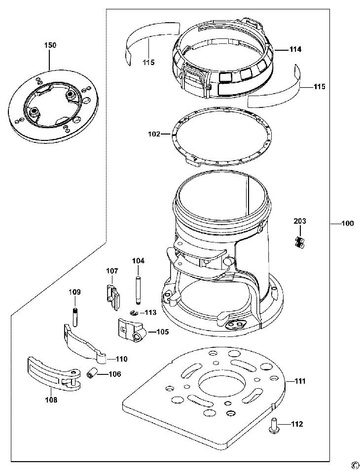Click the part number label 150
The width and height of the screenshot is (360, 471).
(x=50, y=45)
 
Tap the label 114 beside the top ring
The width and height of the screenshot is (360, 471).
(x=295, y=49)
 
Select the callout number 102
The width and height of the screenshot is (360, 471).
(x=154, y=135)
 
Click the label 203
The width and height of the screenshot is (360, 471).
(x=300, y=221)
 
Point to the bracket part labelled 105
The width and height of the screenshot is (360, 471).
(x=132, y=331)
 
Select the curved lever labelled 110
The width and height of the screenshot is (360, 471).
(x=85, y=344)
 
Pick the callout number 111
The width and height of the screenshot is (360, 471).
(x=299, y=381)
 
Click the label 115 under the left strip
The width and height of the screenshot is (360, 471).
(x=148, y=63)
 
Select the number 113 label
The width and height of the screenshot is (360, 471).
(x=151, y=313)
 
